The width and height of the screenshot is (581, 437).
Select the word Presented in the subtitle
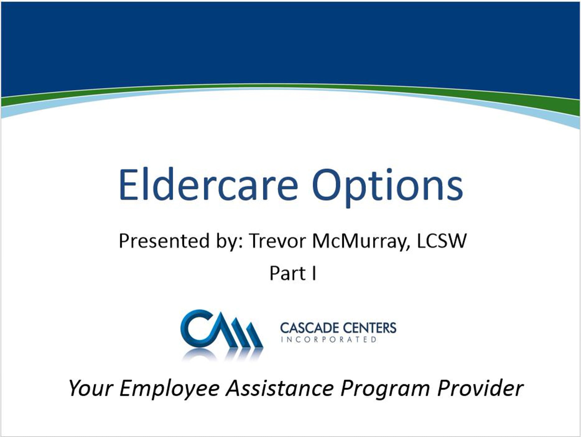pos(164,241)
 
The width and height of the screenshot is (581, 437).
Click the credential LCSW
pos(442,241)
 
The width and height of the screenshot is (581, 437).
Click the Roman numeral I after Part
pos(314,273)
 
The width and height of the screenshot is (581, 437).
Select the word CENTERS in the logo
pos(368,328)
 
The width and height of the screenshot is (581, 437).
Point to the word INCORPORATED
pos(329,340)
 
